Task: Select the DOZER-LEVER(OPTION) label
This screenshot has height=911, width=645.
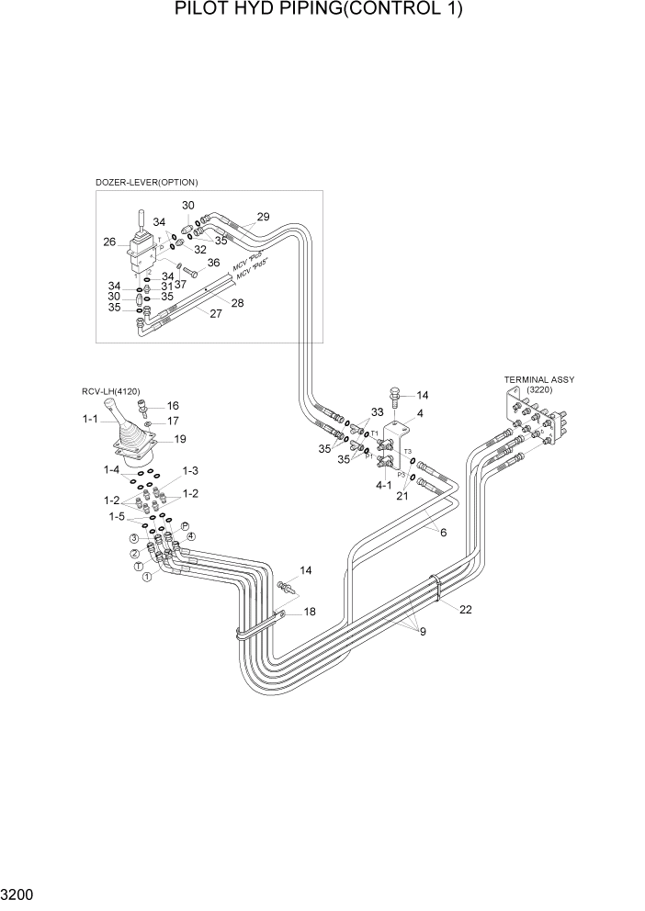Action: pyautogui.click(x=147, y=182)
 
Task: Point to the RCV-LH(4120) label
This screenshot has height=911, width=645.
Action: pyautogui.click(x=110, y=391)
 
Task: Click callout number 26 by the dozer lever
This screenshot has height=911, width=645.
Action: pyautogui.click(x=109, y=242)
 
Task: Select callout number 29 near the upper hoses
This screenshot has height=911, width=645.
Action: pyautogui.click(x=263, y=218)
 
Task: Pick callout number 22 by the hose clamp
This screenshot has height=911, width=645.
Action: pyautogui.click(x=466, y=610)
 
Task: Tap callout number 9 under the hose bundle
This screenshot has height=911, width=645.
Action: pyautogui.click(x=423, y=631)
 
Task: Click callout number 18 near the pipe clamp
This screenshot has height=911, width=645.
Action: pyautogui.click(x=310, y=612)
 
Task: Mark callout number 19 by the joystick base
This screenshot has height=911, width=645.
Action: pyautogui.click(x=180, y=438)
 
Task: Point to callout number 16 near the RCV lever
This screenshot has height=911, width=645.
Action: pyautogui.click(x=172, y=406)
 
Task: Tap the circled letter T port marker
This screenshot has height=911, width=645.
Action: pyautogui.click(x=140, y=567)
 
